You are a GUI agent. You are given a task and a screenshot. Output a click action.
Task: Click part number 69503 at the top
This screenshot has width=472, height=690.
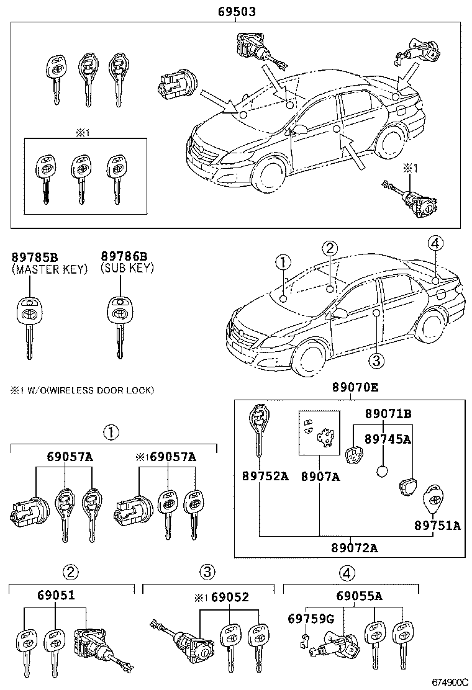(x=237, y=12)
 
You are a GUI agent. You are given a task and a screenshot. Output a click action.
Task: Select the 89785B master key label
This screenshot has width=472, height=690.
(x=35, y=256)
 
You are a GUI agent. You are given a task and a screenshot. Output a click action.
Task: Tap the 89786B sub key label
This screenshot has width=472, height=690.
(x=125, y=256)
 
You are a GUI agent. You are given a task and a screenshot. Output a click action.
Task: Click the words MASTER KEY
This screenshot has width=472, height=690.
(x=40, y=268)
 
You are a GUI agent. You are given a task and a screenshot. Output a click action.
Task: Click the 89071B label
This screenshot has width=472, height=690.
(x=388, y=414)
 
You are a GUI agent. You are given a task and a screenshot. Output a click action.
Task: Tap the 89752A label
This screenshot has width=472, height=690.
(x=265, y=477)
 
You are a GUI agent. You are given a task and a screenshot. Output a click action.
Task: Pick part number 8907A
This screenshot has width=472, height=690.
(x=320, y=477)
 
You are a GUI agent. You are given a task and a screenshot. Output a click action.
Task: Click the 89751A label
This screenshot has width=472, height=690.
(x=437, y=526)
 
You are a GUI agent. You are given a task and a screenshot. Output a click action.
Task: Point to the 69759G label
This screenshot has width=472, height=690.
(x=311, y=619)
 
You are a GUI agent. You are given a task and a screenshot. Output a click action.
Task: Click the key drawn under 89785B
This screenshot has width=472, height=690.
(x=27, y=323)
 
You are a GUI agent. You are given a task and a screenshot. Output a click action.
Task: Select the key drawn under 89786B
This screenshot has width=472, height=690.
(x=118, y=323)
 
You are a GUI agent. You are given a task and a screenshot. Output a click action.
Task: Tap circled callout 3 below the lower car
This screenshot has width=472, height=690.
(x=374, y=360)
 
